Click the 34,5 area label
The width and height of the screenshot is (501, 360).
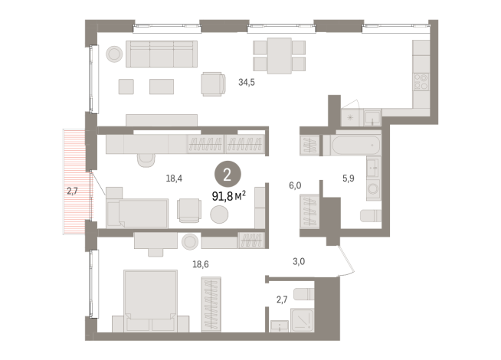(247, 83)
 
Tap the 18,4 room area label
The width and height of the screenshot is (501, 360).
(174, 178)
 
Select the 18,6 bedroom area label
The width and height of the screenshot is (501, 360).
(201, 264)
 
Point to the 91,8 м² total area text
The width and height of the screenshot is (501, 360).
(229, 196)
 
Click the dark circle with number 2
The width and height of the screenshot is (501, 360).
(228, 175)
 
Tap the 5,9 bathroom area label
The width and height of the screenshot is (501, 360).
(349, 178)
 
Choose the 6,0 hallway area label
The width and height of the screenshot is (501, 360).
(295, 185)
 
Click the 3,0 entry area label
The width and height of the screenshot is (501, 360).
(299, 262)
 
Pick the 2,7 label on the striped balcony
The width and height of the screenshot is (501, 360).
(72, 191)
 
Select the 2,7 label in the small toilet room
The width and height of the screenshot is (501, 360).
(282, 299)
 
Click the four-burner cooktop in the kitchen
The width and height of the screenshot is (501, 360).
(421, 81)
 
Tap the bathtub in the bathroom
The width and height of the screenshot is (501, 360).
(356, 146)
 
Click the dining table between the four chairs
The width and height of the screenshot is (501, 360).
(280, 56)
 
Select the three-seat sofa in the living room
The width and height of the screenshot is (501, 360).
(162, 54)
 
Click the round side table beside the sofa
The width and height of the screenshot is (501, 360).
(114, 54)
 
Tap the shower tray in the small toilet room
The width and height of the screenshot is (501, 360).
(302, 320)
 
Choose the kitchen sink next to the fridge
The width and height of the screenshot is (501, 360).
(372, 118)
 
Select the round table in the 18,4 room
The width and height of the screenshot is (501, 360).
(219, 214)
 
